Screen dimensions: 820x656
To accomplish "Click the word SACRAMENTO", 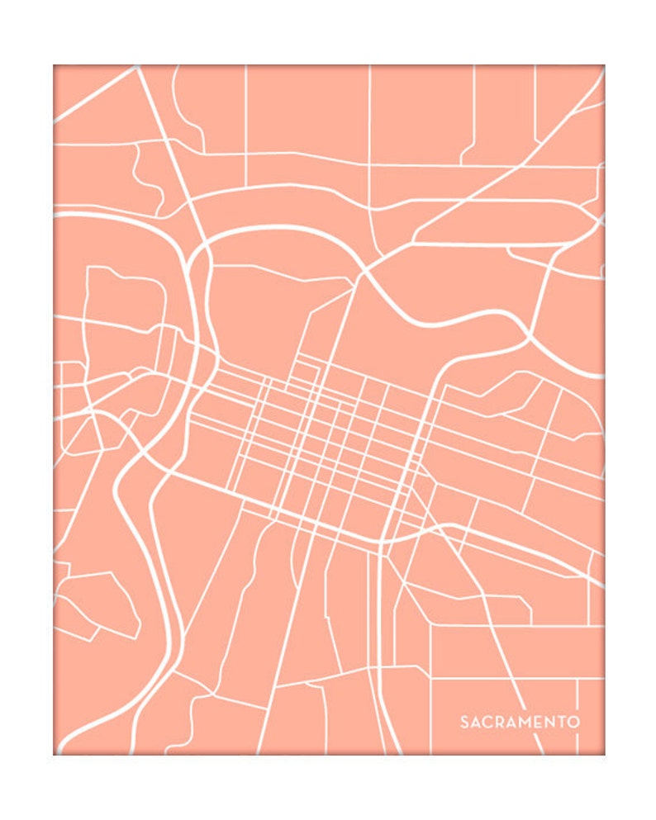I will point(520,722).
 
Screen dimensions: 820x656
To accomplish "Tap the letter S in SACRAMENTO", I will point(464,722).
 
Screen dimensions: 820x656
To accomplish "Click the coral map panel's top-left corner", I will point(55,66).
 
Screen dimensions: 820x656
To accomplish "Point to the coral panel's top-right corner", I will point(603,66).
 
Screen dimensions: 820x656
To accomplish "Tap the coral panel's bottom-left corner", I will point(55,753).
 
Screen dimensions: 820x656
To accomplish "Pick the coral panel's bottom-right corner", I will point(603,753).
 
